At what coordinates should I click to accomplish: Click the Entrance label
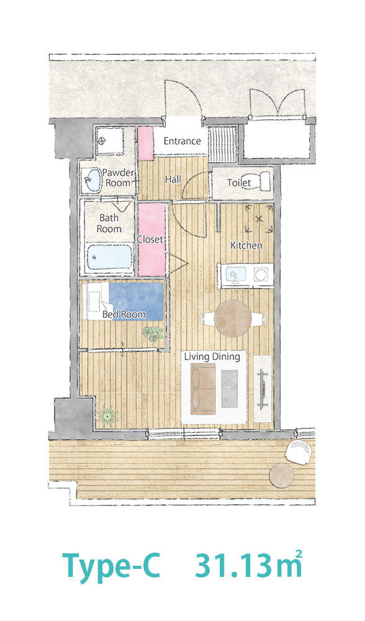pyautogui.click(x=182, y=141)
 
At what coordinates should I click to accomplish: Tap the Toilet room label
pyautogui.click(x=239, y=183)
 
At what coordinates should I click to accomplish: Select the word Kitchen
pyautogui.click(x=246, y=245)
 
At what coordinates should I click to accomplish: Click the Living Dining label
pyautogui.click(x=212, y=356)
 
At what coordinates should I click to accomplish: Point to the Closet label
pyautogui.click(x=150, y=240)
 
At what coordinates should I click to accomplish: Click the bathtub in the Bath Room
pyautogui.click(x=109, y=256)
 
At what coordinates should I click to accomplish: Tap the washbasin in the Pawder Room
pyautogui.click(x=93, y=180)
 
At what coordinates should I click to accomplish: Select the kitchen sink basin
pyautogui.click(x=235, y=273)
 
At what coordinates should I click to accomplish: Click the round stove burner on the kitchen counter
pyautogui.click(x=261, y=274)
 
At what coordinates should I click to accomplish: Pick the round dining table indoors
pyautogui.click(x=233, y=318)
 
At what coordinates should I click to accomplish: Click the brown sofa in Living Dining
pyautogui.click(x=203, y=389)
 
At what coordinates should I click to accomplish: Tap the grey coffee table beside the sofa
pyautogui.click(x=229, y=389)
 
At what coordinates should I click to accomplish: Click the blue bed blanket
pyautogui.click(x=136, y=301)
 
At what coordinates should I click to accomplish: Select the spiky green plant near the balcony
pyautogui.click(x=107, y=416)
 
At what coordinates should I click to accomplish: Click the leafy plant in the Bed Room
pyautogui.click(x=153, y=333)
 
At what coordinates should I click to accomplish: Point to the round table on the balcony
pyautogui.click(x=282, y=474)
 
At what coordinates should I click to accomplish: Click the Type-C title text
pyautogui.click(x=111, y=566)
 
